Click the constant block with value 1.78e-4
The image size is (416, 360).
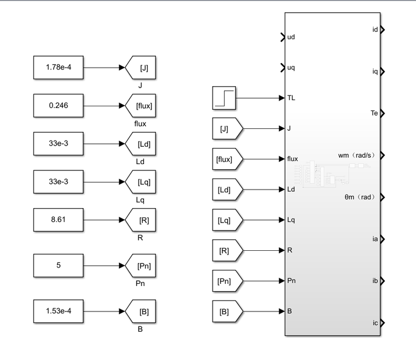click(x=58, y=68)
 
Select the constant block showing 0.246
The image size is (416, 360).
click(x=58, y=105)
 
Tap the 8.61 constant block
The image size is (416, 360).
click(x=58, y=219)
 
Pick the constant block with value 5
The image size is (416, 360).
click(x=58, y=265)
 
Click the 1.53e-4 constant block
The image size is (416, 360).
click(x=58, y=311)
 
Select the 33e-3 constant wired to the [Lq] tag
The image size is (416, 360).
click(x=58, y=181)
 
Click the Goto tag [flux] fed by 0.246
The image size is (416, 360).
click(x=142, y=105)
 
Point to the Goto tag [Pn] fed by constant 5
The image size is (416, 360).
click(x=142, y=265)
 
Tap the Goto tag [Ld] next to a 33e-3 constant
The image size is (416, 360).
click(x=142, y=143)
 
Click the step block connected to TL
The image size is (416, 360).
click(x=224, y=97)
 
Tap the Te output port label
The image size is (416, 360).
click(x=373, y=113)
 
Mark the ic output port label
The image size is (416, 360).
click(x=375, y=323)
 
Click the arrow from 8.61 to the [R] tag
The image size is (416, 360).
click(x=104, y=219)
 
